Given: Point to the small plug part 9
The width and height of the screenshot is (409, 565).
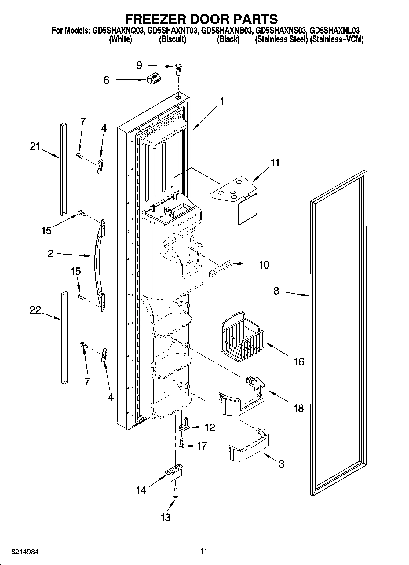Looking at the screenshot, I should click(x=177, y=69).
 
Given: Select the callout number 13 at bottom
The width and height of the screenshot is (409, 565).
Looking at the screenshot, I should click(x=166, y=517).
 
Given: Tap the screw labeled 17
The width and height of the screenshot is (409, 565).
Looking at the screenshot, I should click(x=182, y=443).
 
